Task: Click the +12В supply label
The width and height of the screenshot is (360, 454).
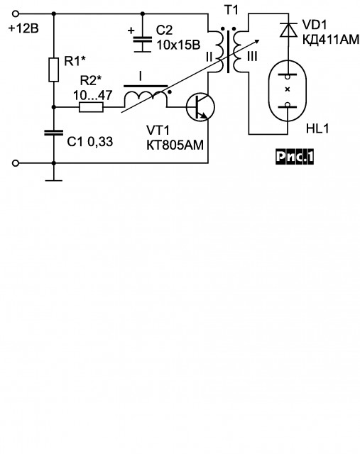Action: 23,29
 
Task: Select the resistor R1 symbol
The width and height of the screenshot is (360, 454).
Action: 54,70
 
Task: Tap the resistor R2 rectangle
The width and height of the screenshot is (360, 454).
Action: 91,107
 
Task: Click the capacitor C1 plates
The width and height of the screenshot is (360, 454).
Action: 54,133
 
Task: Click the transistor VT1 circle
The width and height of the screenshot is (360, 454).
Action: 200,107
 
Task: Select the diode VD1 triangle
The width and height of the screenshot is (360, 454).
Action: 288,30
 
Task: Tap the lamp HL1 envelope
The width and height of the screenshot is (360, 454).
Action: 288,90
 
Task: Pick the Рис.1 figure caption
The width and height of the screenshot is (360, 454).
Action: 295,157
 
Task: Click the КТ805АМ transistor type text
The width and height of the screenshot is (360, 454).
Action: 175,145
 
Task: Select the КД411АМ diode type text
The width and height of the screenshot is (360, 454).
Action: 331,40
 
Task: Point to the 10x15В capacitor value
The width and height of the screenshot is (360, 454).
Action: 178,45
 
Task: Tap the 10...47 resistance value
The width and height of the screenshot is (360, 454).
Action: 92,95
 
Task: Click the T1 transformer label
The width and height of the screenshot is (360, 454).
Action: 231,10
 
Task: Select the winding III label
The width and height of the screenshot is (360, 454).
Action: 252,57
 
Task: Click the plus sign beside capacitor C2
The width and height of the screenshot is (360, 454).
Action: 131,30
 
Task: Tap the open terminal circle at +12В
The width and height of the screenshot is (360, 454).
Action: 16,13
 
